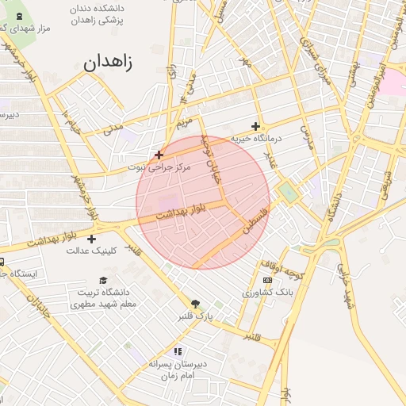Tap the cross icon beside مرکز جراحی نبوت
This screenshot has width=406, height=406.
159,155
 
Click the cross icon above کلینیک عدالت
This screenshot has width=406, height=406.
92,239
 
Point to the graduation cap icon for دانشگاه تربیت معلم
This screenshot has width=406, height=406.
103,281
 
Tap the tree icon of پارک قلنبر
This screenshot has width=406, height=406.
196,303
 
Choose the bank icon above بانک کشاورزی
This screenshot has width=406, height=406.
267,280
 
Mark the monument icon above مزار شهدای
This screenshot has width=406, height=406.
19,15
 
